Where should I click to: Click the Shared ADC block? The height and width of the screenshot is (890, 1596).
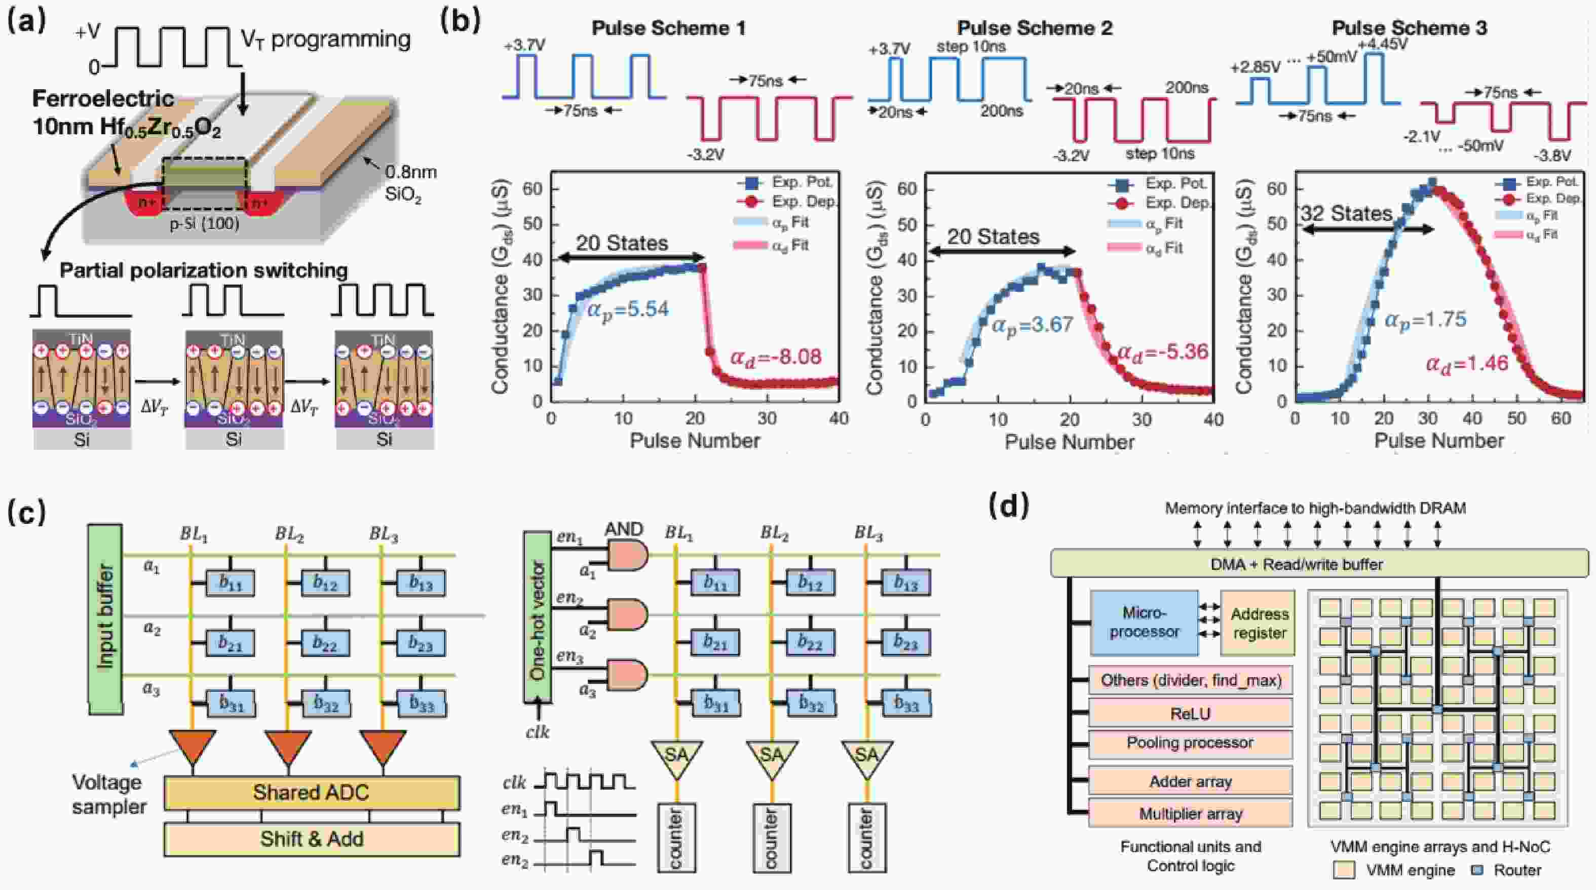click(x=312, y=793)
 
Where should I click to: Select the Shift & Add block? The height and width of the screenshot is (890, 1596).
click(x=312, y=839)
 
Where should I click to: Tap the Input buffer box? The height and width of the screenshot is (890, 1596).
click(x=105, y=617)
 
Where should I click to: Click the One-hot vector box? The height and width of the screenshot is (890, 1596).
click(x=537, y=617)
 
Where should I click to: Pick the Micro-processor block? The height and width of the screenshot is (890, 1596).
click(x=1144, y=623)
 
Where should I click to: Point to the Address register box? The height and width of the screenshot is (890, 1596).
click(x=1259, y=623)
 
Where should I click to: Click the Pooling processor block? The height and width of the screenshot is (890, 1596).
click(x=1190, y=743)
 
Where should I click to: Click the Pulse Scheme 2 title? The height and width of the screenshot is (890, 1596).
click(x=1034, y=28)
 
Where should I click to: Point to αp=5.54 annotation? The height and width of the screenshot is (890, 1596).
click(x=628, y=309)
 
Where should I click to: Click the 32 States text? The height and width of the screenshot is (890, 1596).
click(x=1346, y=214)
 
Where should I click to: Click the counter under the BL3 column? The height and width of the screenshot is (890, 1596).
click(x=867, y=837)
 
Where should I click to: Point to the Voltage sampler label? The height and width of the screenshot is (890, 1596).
click(x=109, y=794)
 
